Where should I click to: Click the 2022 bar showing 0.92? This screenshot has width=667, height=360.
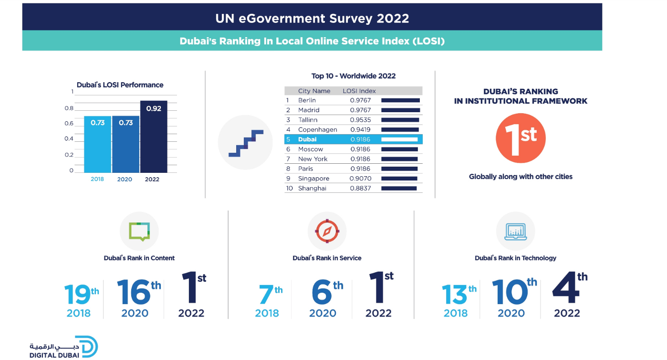click(x=154, y=137)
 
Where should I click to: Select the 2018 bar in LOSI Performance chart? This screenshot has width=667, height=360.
click(x=97, y=144)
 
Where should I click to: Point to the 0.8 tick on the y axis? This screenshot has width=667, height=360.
click(x=69, y=108)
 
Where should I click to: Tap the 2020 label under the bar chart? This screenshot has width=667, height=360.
click(x=125, y=180)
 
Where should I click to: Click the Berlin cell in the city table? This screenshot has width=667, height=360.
click(x=307, y=100)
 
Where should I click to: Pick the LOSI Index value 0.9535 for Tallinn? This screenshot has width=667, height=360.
click(x=360, y=120)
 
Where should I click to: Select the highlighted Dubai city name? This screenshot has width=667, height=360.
click(x=307, y=139)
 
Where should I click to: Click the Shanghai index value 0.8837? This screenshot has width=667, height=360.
click(x=360, y=188)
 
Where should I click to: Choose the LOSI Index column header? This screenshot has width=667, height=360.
click(x=359, y=91)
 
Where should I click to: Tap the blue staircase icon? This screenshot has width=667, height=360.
click(x=246, y=143)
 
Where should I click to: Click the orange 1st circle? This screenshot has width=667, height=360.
click(x=521, y=138)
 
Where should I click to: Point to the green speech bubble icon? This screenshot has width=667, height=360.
click(x=139, y=231)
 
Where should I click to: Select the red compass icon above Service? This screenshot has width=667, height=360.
click(x=327, y=231)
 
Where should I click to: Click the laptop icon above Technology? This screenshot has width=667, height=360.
click(x=515, y=231)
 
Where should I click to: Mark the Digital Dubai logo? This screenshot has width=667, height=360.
click(x=63, y=347)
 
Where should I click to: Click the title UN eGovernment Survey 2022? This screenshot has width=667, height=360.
click(x=312, y=19)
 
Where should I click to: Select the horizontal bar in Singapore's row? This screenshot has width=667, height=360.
click(x=399, y=179)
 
